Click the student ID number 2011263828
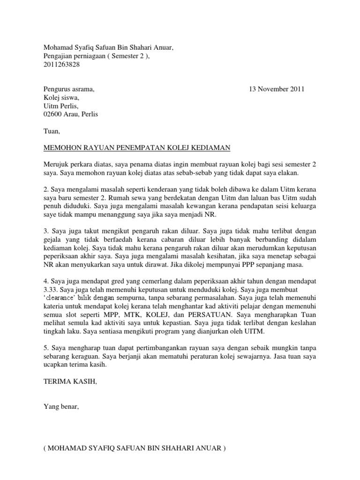(61, 65)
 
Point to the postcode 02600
(52, 114)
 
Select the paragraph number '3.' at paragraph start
(46, 231)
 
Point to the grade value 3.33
(50, 289)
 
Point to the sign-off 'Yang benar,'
(61, 407)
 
